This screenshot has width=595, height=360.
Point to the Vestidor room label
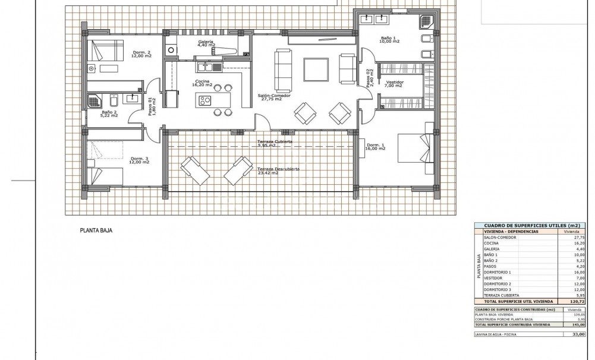tap(395, 83)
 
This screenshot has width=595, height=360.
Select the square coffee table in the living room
tap(316, 70)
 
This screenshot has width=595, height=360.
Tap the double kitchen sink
tap(213, 67)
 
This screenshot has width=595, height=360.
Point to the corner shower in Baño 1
tap(427, 21)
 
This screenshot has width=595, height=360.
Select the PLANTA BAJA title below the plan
tap(96, 230)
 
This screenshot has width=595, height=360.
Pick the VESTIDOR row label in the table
tap(494, 278)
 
